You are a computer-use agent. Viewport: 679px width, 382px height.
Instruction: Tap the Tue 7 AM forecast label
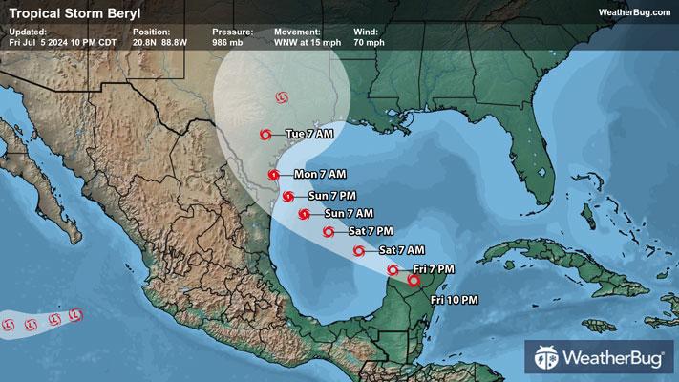[309, 134]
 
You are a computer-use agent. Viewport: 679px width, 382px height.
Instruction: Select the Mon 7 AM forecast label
[319, 174]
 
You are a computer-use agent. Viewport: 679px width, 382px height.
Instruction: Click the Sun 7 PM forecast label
[333, 196]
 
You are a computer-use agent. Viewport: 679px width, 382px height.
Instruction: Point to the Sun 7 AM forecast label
[349, 212]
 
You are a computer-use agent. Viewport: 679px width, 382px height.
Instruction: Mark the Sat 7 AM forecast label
[401, 250]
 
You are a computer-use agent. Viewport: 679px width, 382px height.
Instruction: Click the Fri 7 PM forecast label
[435, 270]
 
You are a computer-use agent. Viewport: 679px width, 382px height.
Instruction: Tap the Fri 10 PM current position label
[455, 301]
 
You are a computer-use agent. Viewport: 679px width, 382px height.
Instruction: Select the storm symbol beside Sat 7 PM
[328, 231]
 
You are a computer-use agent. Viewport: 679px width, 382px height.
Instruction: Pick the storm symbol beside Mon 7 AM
[274, 175]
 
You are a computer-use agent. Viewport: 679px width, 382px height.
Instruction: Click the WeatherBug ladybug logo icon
[547, 361]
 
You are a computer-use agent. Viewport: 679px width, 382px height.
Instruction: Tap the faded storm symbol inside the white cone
[280, 96]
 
